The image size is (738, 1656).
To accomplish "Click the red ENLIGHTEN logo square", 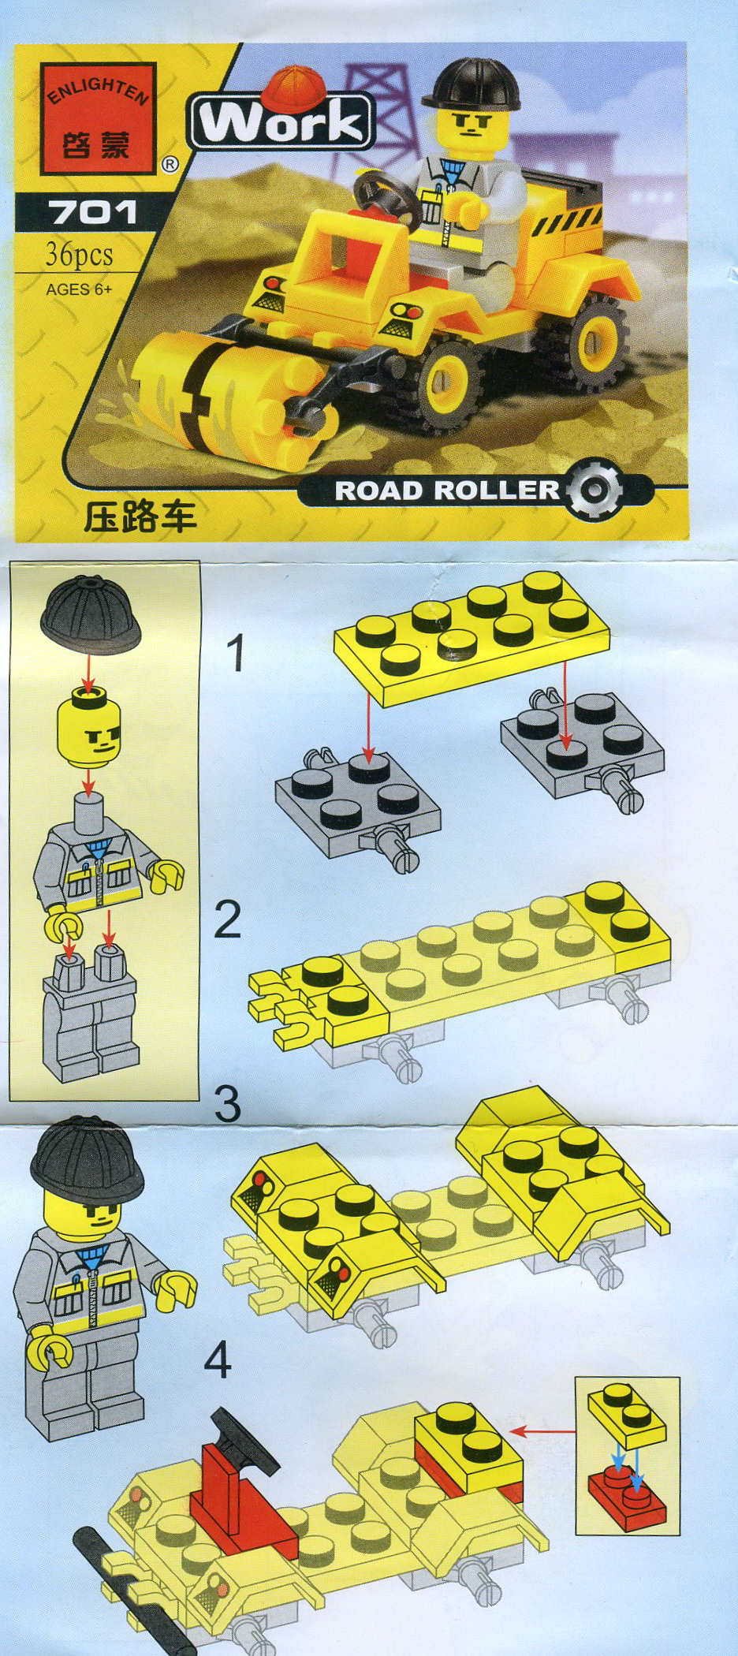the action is (99, 119).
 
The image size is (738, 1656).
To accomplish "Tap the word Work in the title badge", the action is (281, 122).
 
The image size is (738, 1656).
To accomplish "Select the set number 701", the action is (92, 212).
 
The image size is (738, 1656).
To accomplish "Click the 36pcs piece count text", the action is (79, 254).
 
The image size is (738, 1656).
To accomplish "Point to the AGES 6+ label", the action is (79, 289).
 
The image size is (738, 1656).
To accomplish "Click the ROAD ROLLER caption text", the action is (447, 490).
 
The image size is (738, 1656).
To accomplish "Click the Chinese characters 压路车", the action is (140, 517).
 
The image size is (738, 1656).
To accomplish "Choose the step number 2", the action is (228, 919).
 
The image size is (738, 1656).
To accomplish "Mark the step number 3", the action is (228, 1103).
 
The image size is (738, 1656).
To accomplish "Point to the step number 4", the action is (218, 1360).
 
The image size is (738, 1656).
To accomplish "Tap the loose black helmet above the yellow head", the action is (91, 614).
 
